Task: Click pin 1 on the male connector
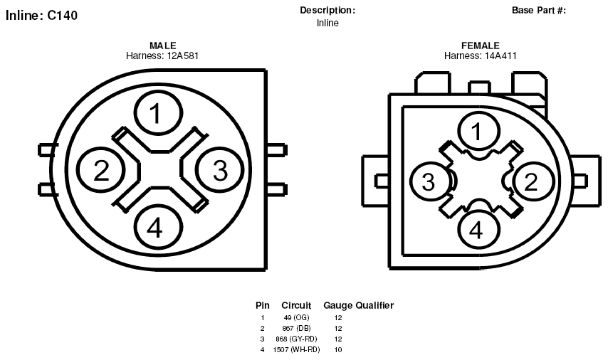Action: [158, 113]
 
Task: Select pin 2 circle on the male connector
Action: [101, 170]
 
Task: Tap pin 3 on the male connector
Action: [220, 170]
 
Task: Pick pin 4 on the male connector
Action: [159, 228]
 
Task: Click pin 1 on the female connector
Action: [478, 131]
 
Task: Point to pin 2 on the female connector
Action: [533, 181]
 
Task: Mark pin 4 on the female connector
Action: [478, 229]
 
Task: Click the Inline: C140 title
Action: [41, 16]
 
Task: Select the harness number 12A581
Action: [183, 55]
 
